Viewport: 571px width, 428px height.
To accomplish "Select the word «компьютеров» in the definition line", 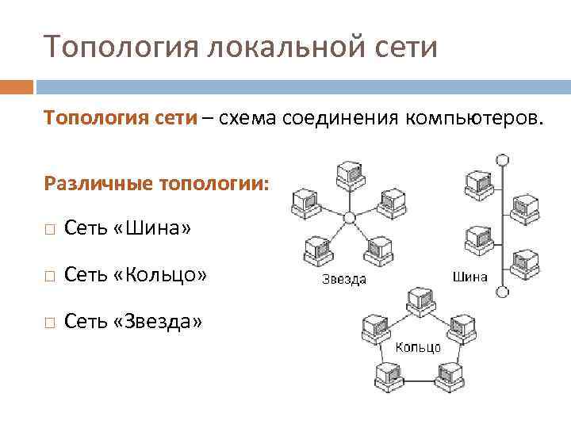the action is [x=473, y=118].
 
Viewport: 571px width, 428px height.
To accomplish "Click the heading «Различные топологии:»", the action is [x=157, y=184].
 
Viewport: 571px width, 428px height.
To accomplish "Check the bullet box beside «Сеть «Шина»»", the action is [x=50, y=230].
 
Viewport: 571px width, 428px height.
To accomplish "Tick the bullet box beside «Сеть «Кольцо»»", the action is [x=50, y=276].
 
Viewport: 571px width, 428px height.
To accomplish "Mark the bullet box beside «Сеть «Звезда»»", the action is [x=50, y=322].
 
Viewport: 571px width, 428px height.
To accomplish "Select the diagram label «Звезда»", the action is [x=343, y=280].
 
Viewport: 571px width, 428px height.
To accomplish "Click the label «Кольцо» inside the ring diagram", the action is [x=418, y=348].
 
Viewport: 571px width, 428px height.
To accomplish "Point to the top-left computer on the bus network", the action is [x=477, y=182].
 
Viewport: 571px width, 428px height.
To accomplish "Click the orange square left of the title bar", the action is [x=17, y=86].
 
